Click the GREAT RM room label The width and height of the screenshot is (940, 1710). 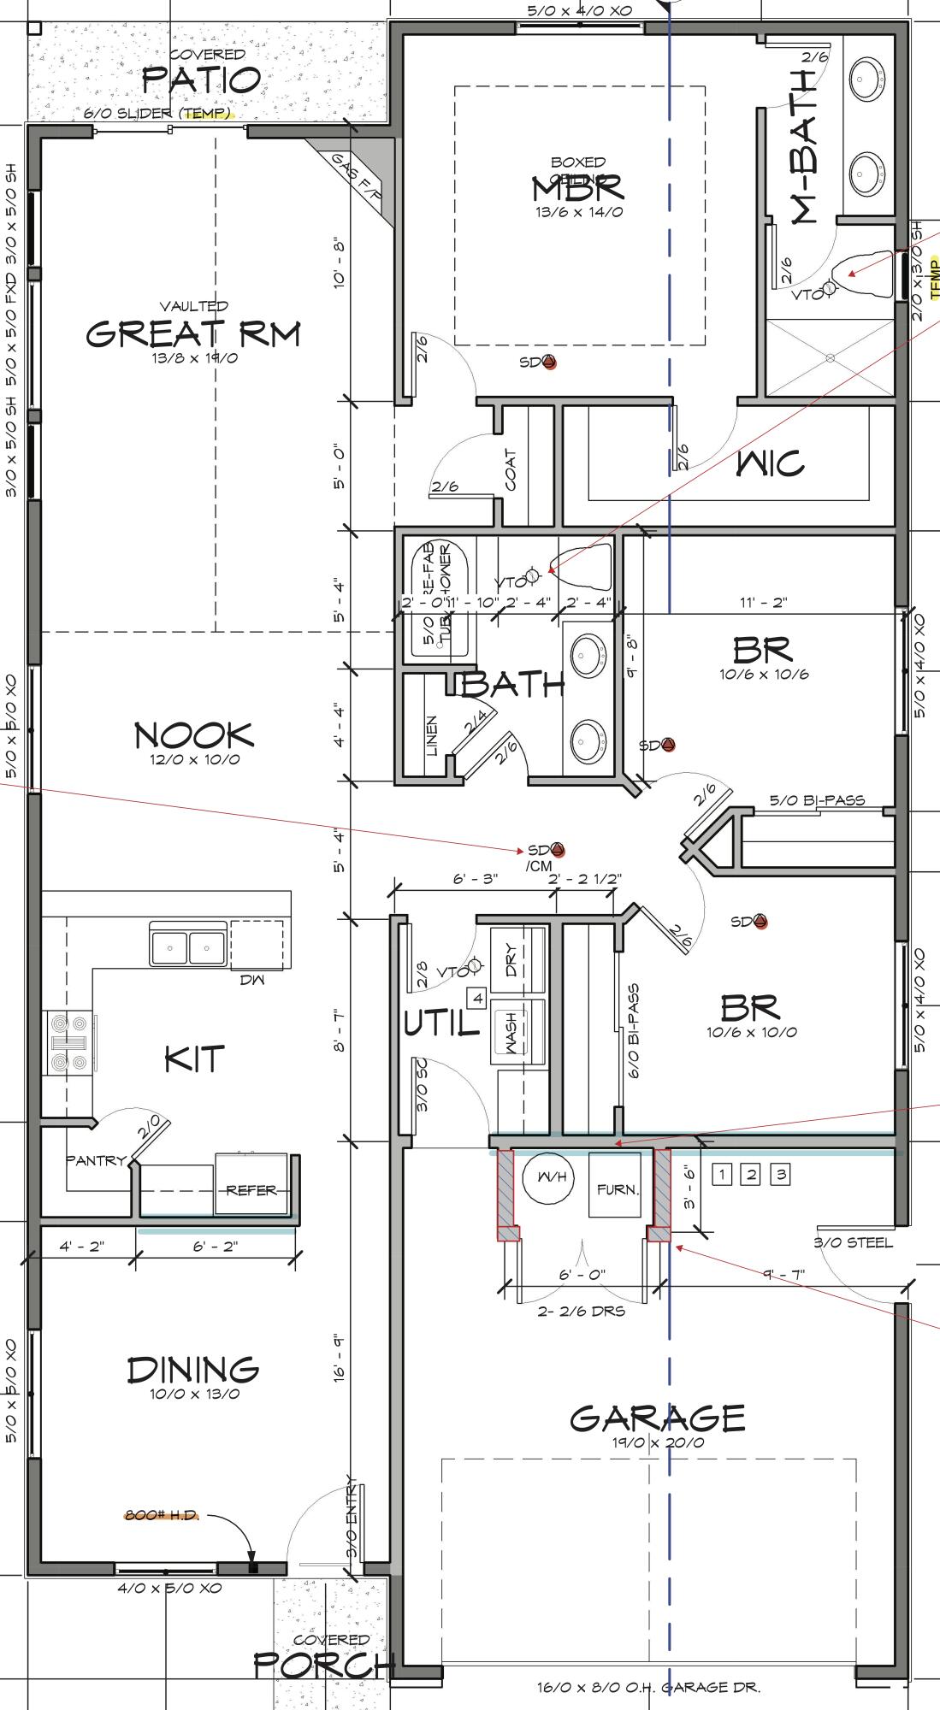(x=193, y=333)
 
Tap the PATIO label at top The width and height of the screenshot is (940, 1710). (x=201, y=80)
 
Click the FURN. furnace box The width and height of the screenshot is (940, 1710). (x=617, y=1188)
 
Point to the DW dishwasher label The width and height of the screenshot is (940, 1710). (x=253, y=980)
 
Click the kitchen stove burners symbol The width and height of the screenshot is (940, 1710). (x=69, y=1042)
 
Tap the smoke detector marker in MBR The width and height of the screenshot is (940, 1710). (x=549, y=363)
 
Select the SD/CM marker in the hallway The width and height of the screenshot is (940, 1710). (x=557, y=850)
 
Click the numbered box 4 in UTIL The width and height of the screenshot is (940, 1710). (x=476, y=998)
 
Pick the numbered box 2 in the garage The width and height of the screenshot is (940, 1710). (x=750, y=1174)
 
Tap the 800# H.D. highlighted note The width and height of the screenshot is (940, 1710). (x=162, y=1515)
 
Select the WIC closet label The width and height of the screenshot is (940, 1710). (x=770, y=463)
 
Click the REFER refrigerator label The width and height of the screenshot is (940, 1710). (x=251, y=1189)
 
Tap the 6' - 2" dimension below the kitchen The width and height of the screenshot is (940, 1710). (x=216, y=1247)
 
